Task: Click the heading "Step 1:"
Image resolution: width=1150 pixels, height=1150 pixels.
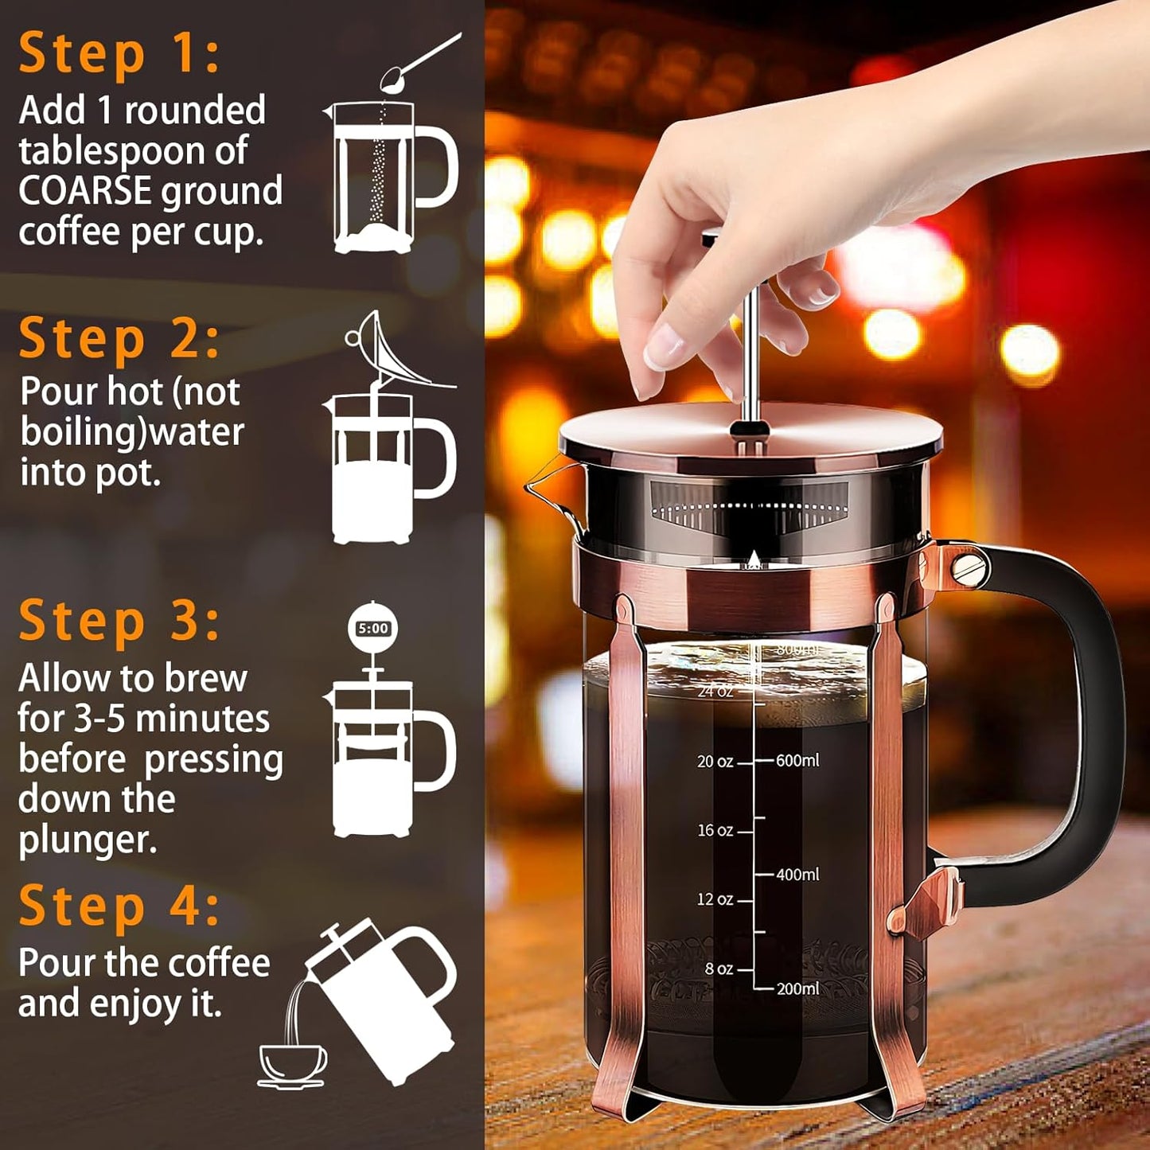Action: pyautogui.click(x=119, y=54)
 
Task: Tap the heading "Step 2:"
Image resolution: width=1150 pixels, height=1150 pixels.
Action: pyautogui.click(x=119, y=339)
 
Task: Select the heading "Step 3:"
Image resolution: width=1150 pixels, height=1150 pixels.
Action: pyautogui.click(x=119, y=621)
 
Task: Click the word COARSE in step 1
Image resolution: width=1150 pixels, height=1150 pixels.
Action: pyautogui.click(x=85, y=192)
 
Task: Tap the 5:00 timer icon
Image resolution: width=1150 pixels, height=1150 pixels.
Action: pyautogui.click(x=372, y=629)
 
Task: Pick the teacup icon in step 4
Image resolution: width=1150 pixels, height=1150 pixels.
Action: pyautogui.click(x=292, y=1065)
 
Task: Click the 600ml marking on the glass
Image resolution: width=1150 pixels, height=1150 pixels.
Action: pyautogui.click(x=797, y=761)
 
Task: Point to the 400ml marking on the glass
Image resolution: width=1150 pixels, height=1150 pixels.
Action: pyautogui.click(x=797, y=875)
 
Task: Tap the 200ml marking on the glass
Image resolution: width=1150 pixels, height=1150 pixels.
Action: pyautogui.click(x=797, y=988)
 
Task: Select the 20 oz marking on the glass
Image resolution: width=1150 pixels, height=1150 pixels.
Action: pyautogui.click(x=715, y=762)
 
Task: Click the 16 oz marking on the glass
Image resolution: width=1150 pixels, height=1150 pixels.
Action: pyautogui.click(x=715, y=830)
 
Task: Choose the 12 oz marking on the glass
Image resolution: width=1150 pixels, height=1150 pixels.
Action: pyautogui.click(x=715, y=899)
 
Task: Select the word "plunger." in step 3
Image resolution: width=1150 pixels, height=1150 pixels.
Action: pyautogui.click(x=88, y=840)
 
